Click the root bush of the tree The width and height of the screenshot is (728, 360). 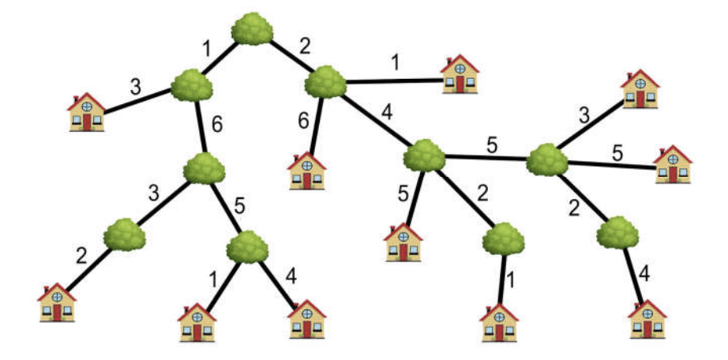(x=253, y=28)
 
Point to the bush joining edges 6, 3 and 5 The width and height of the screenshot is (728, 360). (x=204, y=167)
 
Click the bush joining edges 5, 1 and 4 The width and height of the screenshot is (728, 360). (x=248, y=246)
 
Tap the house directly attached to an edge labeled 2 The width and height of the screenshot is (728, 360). (x=58, y=302)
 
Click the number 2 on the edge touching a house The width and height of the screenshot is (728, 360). (x=81, y=257)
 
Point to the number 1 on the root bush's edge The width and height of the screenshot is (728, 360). (x=207, y=49)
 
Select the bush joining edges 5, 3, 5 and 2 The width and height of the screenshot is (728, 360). (x=546, y=159)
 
